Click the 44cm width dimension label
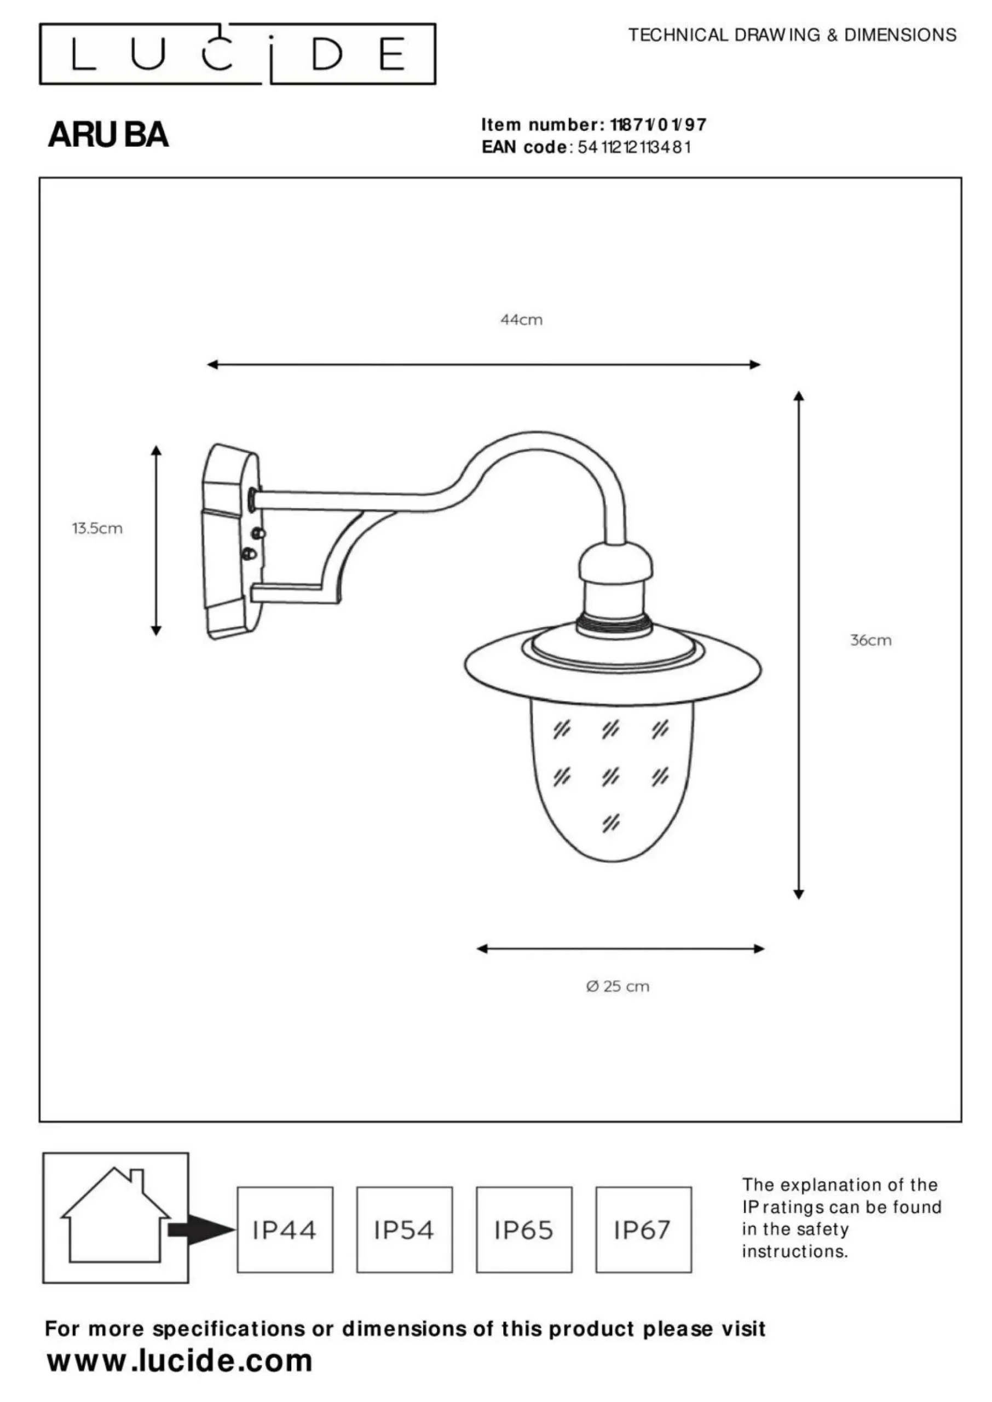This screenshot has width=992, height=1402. (521, 319)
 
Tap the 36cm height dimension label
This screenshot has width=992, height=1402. (870, 640)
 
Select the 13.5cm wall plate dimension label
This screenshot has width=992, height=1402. (97, 528)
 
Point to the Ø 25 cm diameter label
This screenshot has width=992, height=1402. (618, 986)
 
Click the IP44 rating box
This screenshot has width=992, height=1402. (285, 1229)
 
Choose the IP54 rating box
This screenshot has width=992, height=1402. (405, 1229)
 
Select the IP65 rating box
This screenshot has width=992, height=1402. (524, 1229)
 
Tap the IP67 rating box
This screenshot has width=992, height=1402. (644, 1229)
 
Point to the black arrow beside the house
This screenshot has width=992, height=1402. (201, 1229)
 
